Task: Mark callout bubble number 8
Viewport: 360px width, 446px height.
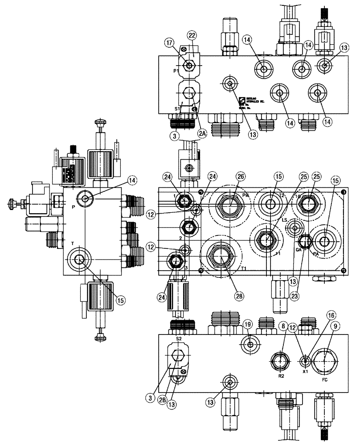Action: [x=282, y=327]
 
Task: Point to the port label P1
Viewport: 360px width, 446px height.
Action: [x=176, y=70]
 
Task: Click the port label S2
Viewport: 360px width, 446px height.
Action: [x=179, y=339]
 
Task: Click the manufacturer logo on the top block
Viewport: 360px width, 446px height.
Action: [x=242, y=100]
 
